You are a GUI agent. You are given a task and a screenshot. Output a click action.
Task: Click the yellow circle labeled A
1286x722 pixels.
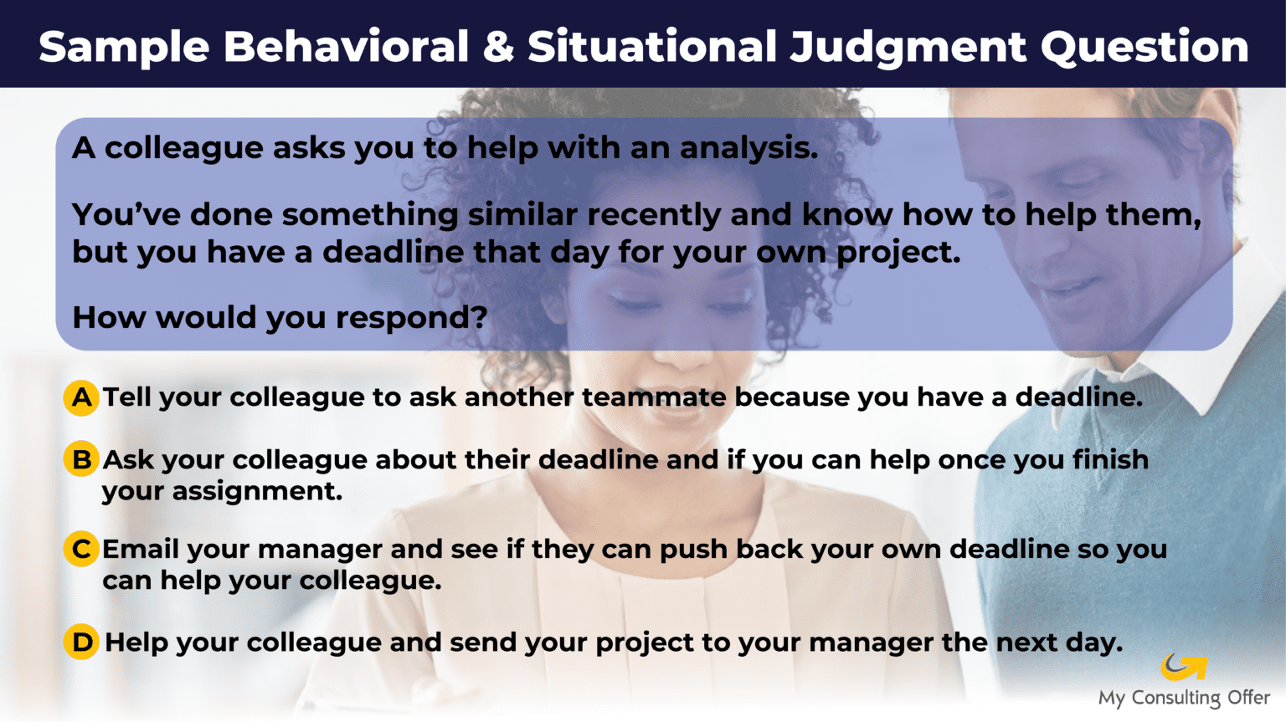click(81, 397)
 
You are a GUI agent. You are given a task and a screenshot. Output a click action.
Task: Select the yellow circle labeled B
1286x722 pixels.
click(81, 458)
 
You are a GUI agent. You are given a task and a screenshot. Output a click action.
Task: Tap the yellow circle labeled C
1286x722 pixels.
click(81, 549)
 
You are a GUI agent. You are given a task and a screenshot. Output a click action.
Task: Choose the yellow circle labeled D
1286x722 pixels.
click(81, 642)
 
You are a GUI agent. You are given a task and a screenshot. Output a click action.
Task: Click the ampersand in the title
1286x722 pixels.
click(498, 47)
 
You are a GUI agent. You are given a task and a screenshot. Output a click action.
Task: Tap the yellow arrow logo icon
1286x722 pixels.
click(1184, 667)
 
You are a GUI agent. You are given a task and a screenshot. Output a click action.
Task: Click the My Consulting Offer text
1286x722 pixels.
click(1184, 698)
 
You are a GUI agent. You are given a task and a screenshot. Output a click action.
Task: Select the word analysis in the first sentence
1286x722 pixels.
click(748, 148)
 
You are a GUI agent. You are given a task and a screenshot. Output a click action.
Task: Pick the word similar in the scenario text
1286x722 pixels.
click(522, 215)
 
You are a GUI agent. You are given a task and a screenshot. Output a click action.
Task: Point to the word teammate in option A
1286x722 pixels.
click(655, 397)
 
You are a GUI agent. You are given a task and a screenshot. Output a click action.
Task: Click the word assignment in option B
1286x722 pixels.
click(257, 491)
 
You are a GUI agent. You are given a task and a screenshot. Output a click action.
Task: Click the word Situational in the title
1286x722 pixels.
click(652, 47)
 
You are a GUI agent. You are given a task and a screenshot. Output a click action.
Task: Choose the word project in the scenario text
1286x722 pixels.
click(898, 253)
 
